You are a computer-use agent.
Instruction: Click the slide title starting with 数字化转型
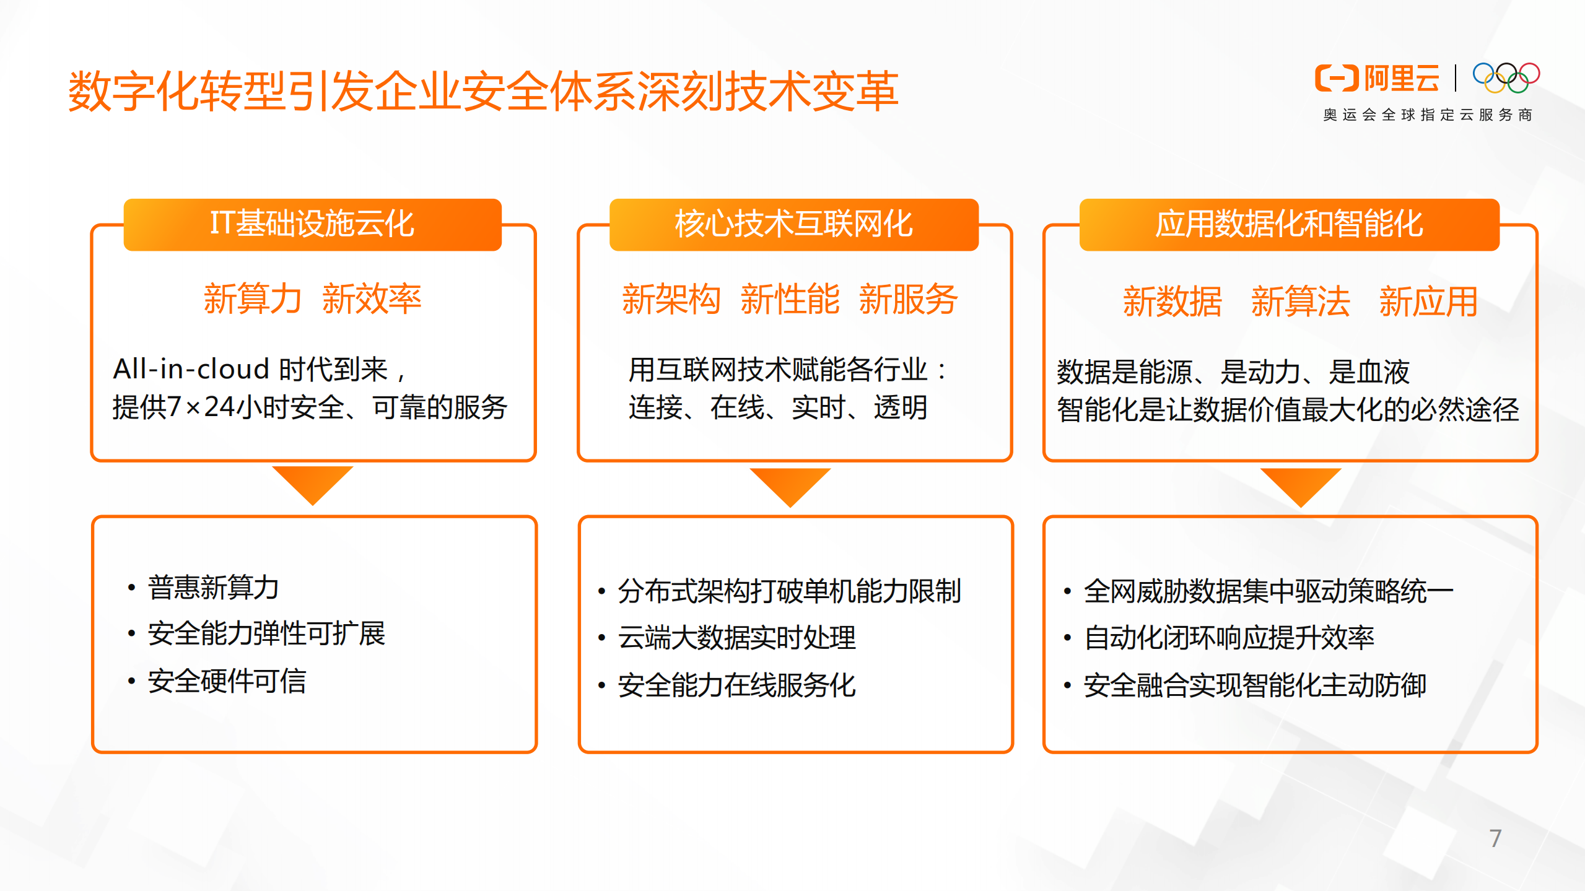483,91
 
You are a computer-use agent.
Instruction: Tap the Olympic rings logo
1506,78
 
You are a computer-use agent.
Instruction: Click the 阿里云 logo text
1402,79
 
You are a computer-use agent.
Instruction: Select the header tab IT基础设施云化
312,224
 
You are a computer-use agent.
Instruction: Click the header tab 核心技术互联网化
793,224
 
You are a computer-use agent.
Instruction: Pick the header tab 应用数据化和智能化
1289,224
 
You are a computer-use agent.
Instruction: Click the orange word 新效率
372,299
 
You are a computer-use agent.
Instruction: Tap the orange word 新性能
790,300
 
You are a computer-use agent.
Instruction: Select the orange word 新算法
1300,302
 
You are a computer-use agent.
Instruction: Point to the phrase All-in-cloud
191,370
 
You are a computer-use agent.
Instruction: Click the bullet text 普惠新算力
213,588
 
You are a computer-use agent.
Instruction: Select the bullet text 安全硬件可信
227,682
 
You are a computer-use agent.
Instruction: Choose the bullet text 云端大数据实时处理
736,638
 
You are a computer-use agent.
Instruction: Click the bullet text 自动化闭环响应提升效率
1229,638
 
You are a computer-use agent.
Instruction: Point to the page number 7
1495,838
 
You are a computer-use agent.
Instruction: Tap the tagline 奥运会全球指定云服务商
1428,115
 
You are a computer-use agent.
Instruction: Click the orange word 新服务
908,300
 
